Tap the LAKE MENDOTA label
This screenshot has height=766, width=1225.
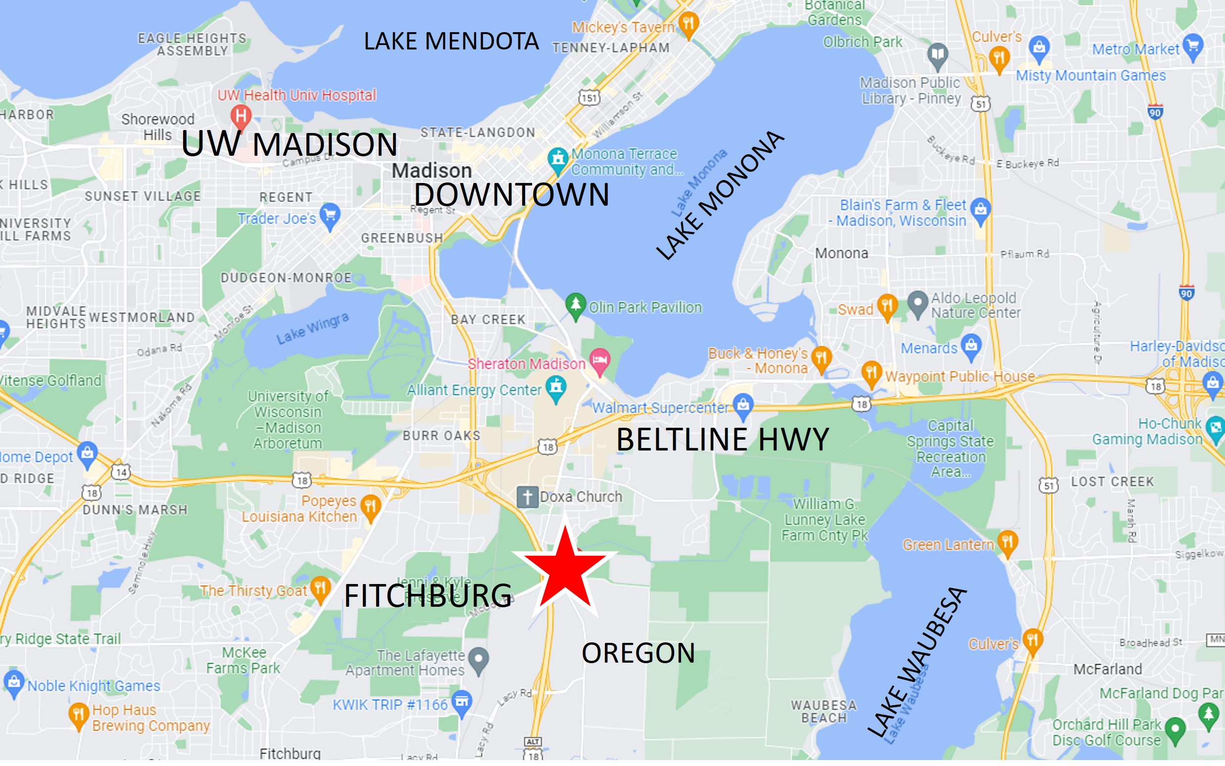[x=451, y=42]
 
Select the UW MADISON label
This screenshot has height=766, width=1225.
[x=289, y=144]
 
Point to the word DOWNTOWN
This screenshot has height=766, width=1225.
[x=511, y=195]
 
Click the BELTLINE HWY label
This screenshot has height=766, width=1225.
[x=722, y=439]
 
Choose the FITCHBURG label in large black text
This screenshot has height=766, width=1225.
[x=428, y=596]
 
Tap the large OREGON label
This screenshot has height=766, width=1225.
[x=638, y=653]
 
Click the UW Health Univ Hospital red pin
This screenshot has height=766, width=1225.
[x=241, y=116]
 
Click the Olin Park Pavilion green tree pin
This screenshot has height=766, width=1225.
[x=576, y=305]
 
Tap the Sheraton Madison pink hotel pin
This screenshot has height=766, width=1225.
[x=600, y=360]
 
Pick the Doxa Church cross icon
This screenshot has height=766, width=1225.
[x=527, y=497]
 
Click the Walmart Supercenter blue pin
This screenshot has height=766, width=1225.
[x=743, y=406]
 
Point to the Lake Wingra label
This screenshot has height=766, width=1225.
[x=312, y=328]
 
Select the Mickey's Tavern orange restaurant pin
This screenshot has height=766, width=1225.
[x=688, y=24]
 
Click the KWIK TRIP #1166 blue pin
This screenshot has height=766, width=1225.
[x=462, y=702]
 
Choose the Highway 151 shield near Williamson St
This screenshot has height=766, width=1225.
[x=589, y=97]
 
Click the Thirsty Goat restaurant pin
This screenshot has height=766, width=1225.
[x=320, y=588]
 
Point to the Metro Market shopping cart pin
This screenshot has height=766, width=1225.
[x=1192, y=46]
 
